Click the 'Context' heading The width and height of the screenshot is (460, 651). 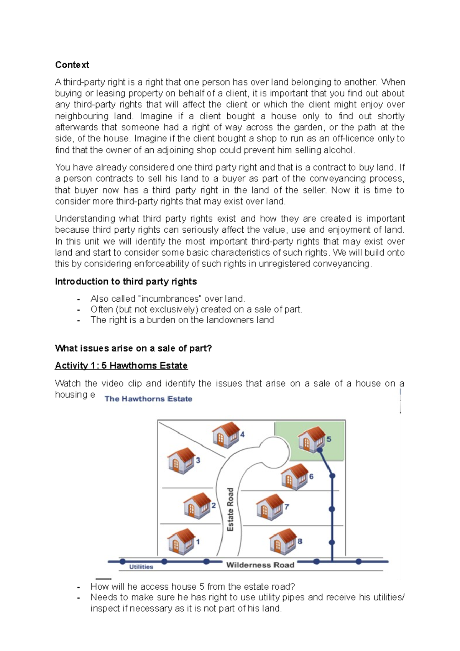72,65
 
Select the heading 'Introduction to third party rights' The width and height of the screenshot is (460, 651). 126,281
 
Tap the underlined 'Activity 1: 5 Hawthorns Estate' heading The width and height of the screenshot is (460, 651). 121,365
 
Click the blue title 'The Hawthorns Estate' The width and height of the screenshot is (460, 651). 148,399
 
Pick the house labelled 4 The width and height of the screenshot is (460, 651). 226,435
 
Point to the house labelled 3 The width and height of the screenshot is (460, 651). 181,460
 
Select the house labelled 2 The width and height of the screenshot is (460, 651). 197,506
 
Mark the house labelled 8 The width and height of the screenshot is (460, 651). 283,541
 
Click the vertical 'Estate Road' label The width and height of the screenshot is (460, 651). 230,509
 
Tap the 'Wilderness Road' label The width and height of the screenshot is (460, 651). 260,565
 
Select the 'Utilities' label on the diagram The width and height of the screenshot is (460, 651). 141,567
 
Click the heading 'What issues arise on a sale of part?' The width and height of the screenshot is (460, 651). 133,348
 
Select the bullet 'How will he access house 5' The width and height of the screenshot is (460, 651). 193,587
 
